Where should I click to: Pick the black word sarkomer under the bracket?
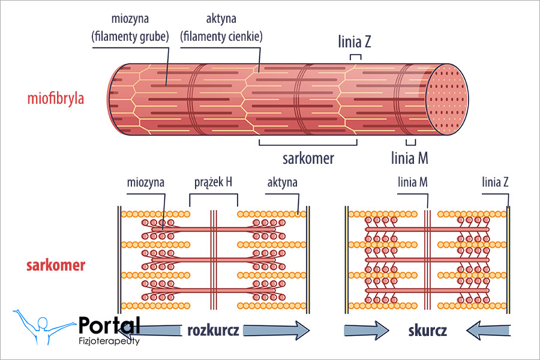308,158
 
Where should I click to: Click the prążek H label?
214,182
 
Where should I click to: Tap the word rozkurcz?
213,331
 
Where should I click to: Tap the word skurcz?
427,331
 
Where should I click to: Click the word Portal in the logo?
109,326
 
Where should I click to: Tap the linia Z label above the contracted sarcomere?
496,182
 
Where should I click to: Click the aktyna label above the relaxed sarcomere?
282,182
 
